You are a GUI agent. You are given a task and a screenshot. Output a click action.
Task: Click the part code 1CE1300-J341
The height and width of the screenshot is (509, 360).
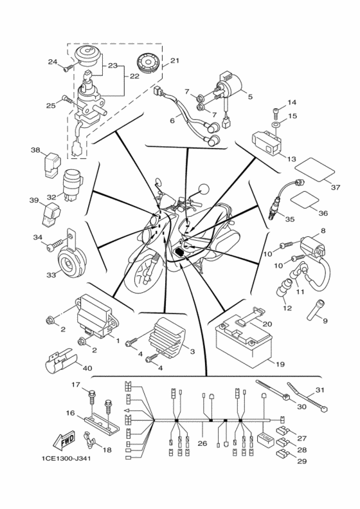pyautogui.click(x=66, y=459)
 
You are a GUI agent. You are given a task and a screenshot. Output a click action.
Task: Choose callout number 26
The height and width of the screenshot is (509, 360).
pyautogui.click(x=202, y=443)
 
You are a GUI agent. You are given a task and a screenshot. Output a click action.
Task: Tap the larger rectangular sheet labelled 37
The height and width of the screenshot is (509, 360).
pyautogui.click(x=314, y=169)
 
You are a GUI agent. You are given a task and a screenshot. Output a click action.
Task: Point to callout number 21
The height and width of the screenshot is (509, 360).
pyautogui.click(x=174, y=60)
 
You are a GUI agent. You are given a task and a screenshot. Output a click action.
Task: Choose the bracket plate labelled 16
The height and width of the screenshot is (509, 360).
pyautogui.click(x=101, y=425)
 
